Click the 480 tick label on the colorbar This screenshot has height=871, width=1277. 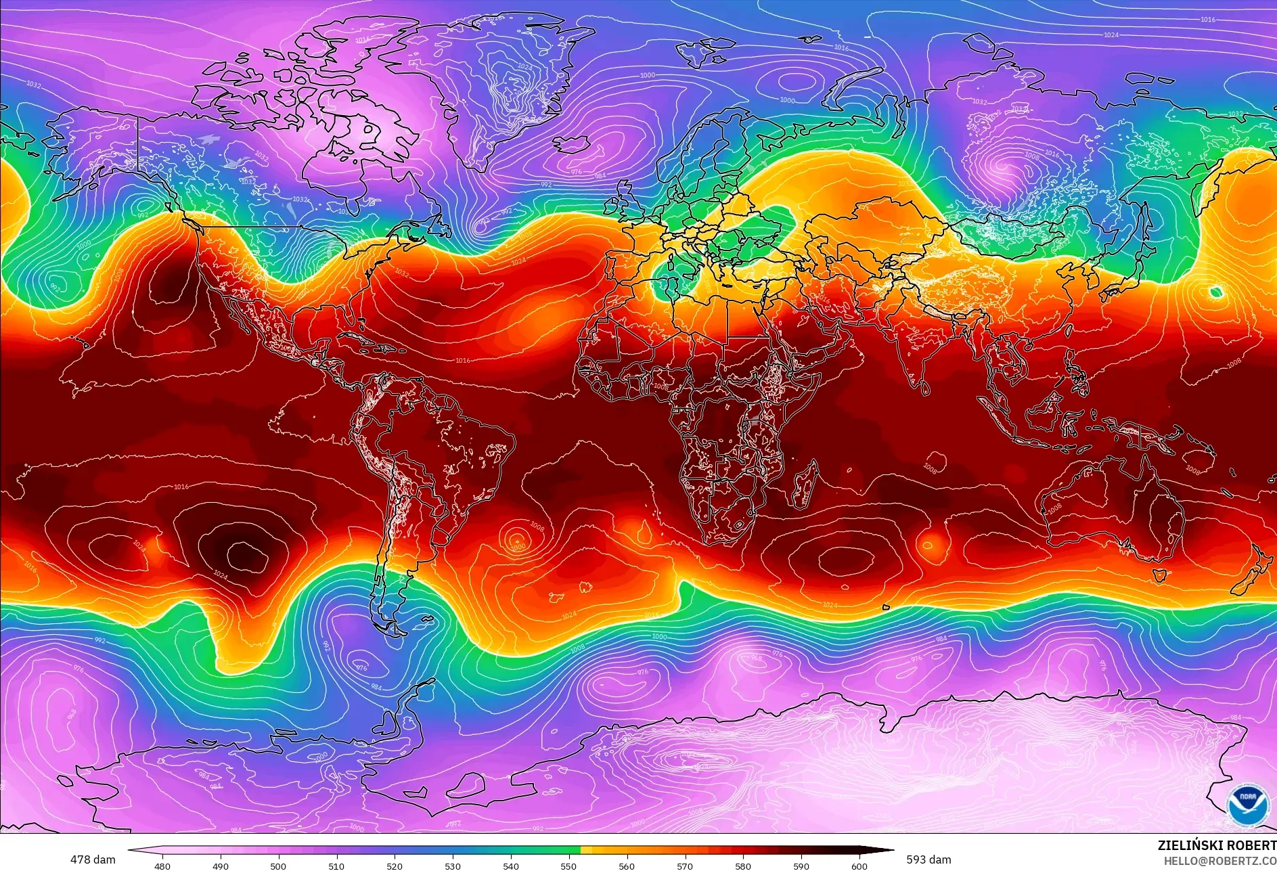[162, 866]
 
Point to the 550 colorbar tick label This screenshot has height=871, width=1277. [568, 866]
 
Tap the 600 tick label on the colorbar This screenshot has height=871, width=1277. [859, 866]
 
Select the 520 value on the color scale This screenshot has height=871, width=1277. [395, 866]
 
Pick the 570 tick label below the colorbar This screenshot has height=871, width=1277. [685, 866]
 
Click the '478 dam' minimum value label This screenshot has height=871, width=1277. [93, 859]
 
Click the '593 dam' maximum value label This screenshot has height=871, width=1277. [928, 859]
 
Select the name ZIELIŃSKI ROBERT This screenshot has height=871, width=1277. [1216, 845]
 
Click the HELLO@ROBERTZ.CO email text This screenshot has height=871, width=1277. [1219, 861]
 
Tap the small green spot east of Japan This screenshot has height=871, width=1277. [1216, 292]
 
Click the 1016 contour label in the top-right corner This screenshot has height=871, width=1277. [1208, 20]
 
